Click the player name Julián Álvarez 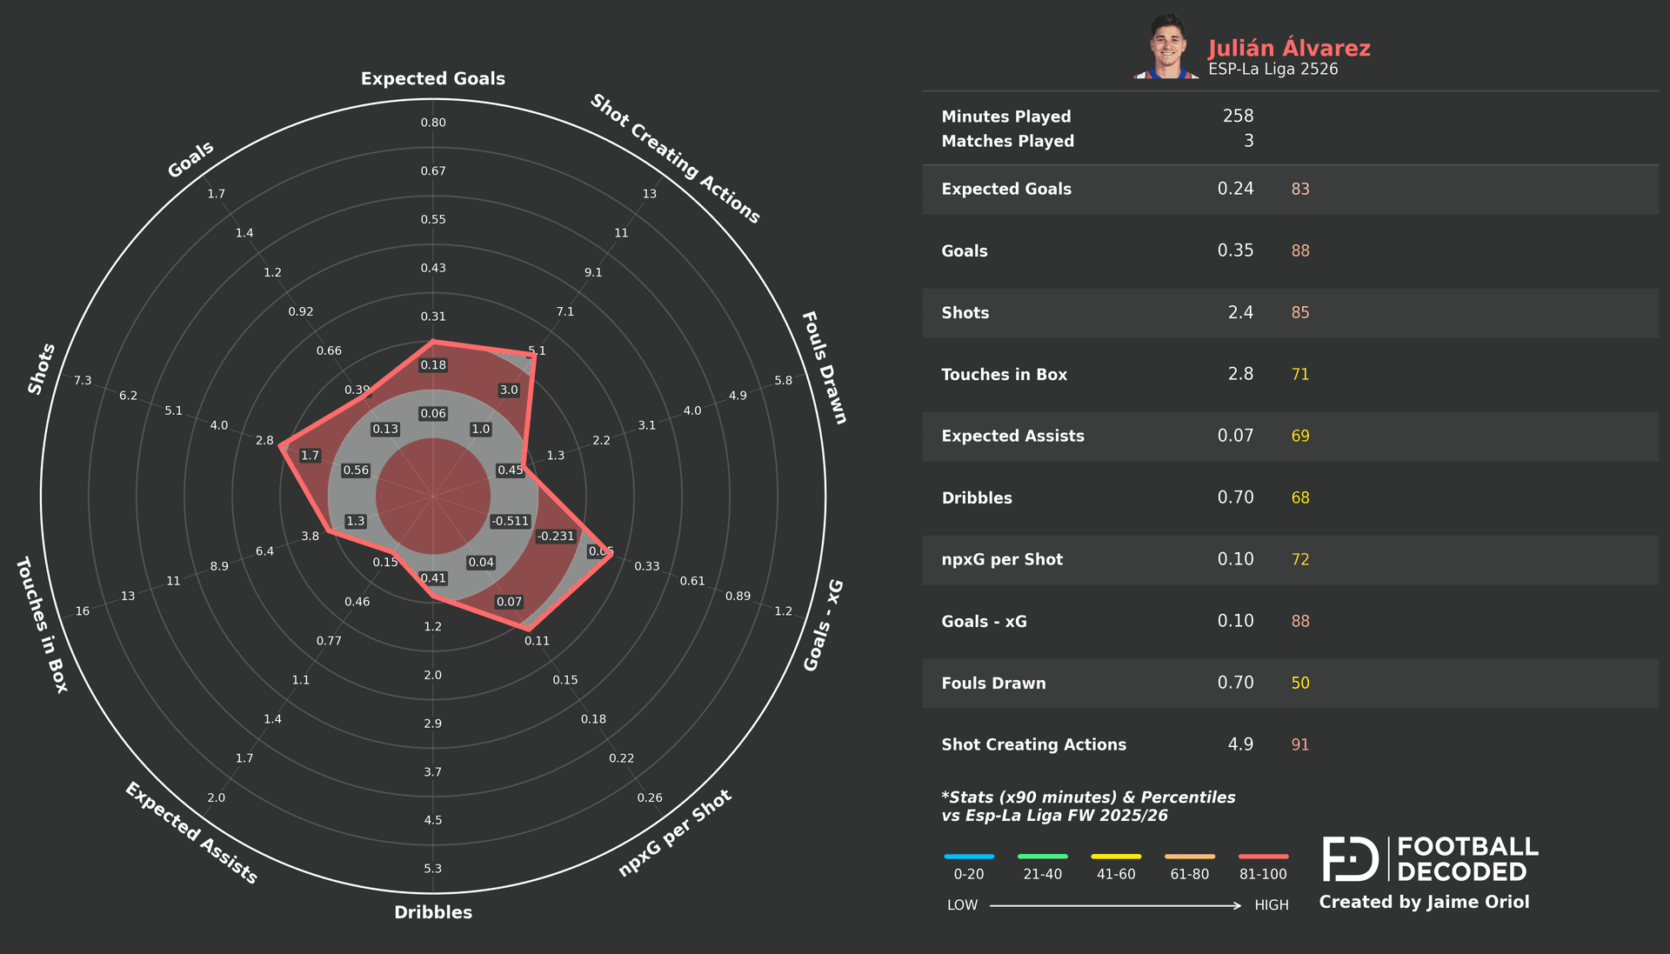pyautogui.click(x=1288, y=48)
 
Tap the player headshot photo pyautogui.click(x=1167, y=48)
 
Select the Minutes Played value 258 pyautogui.click(x=1238, y=116)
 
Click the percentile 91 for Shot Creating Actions pyautogui.click(x=1299, y=744)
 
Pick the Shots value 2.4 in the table pyautogui.click(x=1240, y=312)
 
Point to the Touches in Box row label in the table pyautogui.click(x=1004, y=374)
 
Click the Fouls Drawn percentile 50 pyautogui.click(x=1299, y=683)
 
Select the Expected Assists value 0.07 pyautogui.click(x=1235, y=436)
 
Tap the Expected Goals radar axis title pyautogui.click(x=432, y=78)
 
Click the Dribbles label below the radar pyautogui.click(x=432, y=912)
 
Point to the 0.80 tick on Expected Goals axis pyautogui.click(x=433, y=123)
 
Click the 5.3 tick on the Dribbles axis pyautogui.click(x=433, y=869)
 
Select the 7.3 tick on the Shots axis pyautogui.click(x=83, y=381)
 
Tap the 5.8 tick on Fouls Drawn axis pyautogui.click(x=783, y=381)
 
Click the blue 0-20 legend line pyautogui.click(x=968, y=857)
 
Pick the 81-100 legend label pyautogui.click(x=1263, y=874)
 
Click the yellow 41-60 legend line pyautogui.click(x=1116, y=857)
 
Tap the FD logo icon pyautogui.click(x=1350, y=858)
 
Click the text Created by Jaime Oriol pyautogui.click(x=1424, y=902)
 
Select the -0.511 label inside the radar pyautogui.click(x=510, y=521)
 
